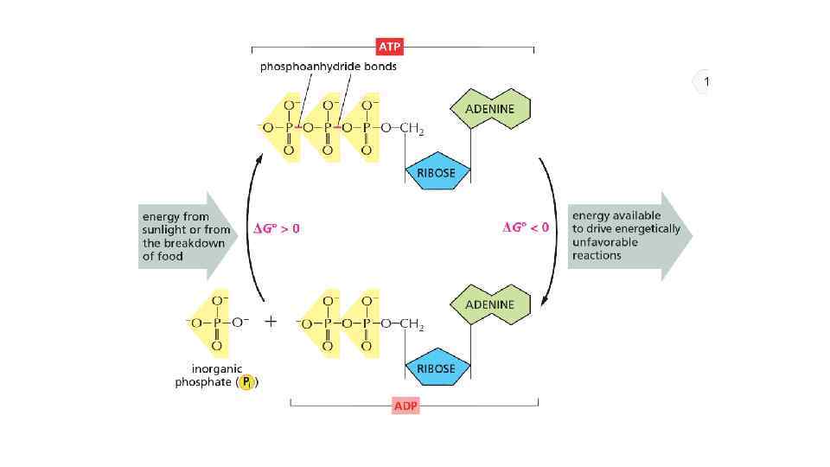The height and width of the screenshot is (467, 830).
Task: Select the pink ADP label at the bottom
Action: (405, 406)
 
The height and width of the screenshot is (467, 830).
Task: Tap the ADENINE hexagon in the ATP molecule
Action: (490, 110)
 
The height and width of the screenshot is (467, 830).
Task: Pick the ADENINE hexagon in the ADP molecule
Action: (490, 304)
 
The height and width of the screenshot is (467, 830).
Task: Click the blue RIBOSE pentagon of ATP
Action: (437, 171)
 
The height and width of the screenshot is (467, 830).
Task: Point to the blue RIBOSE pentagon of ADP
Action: (437, 368)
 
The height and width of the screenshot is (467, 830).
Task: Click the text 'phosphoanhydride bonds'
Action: (329, 67)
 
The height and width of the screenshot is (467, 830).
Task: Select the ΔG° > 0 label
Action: (277, 228)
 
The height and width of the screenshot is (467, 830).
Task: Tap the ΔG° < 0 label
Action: (526, 227)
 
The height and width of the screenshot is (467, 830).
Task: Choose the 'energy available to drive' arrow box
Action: (628, 234)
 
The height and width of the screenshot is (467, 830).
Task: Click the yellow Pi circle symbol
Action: (247, 382)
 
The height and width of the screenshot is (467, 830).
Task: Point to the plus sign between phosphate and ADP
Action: (271, 322)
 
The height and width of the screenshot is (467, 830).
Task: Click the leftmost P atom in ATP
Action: (288, 129)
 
